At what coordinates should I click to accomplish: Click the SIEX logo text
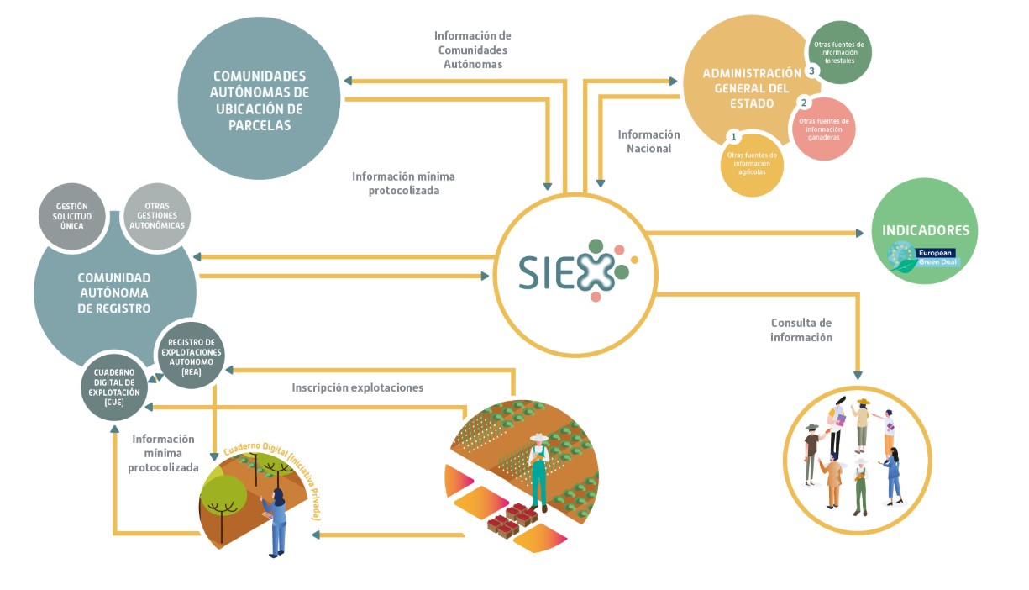(x=565, y=272)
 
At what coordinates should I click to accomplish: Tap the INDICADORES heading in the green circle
(x=925, y=230)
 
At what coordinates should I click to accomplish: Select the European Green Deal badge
(x=925, y=256)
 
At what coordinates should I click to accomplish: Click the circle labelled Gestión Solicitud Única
(x=73, y=215)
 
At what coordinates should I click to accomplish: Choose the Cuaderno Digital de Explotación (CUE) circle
(x=114, y=386)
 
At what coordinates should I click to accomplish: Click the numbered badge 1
(x=733, y=136)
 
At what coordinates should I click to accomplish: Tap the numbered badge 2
(x=804, y=103)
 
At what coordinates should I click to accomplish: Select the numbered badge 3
(x=811, y=71)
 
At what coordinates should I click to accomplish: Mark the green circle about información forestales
(x=845, y=52)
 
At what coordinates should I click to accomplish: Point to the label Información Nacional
(x=648, y=141)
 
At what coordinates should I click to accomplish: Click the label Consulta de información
(x=801, y=329)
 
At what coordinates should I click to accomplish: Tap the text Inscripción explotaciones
(x=358, y=387)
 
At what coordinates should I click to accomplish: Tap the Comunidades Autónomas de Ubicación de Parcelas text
(x=260, y=100)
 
